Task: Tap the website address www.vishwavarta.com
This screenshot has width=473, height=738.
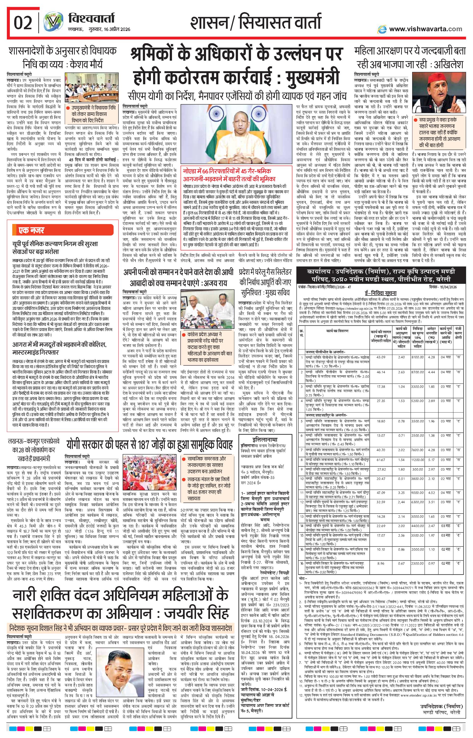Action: pyautogui.click(x=425, y=29)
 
